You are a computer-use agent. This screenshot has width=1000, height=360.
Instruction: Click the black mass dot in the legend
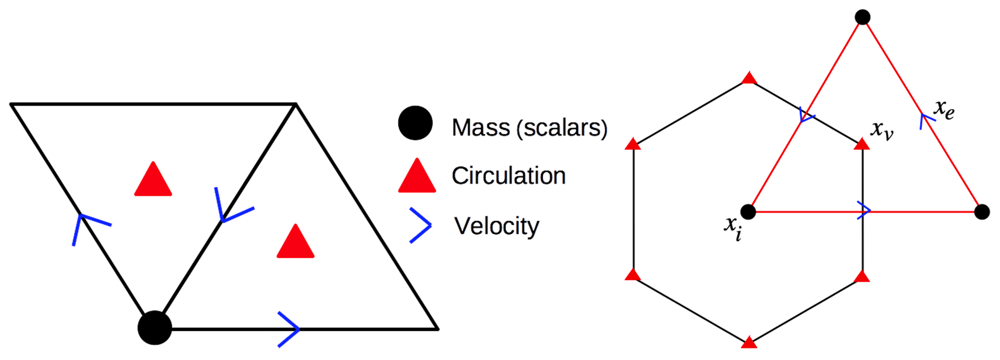pyautogui.click(x=415, y=123)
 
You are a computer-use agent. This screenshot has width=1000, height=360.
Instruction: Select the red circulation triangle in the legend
pyautogui.click(x=417, y=177)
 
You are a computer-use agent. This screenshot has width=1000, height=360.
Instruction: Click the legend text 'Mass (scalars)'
pyautogui.click(x=529, y=128)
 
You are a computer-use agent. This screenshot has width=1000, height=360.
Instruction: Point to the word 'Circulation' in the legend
pyautogui.click(x=508, y=176)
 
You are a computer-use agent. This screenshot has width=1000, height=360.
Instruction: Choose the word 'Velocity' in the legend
pyautogui.click(x=496, y=226)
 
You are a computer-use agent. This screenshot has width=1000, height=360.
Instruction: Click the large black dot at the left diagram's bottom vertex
pyautogui.click(x=155, y=328)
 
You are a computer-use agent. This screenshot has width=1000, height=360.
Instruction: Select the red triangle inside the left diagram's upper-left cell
pyautogui.click(x=153, y=180)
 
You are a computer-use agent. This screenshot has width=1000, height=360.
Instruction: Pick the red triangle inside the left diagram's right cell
pyautogui.click(x=296, y=242)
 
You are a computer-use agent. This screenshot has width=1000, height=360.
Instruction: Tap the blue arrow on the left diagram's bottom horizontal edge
pyautogui.click(x=290, y=329)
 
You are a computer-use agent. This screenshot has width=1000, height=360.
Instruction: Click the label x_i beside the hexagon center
pyautogui.click(x=732, y=227)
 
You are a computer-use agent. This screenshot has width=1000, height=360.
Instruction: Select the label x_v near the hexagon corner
pyautogui.click(x=881, y=130)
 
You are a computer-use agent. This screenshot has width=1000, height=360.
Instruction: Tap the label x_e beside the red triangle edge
pyautogui.click(x=944, y=109)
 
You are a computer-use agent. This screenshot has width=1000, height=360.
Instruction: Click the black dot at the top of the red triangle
pyautogui.click(x=863, y=17)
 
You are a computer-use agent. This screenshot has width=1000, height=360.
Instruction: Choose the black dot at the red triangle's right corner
pyautogui.click(x=982, y=212)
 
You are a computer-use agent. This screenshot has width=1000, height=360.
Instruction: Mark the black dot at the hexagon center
pyautogui.click(x=748, y=211)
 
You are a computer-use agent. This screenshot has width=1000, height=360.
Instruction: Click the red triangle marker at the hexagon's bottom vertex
pyautogui.click(x=749, y=343)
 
